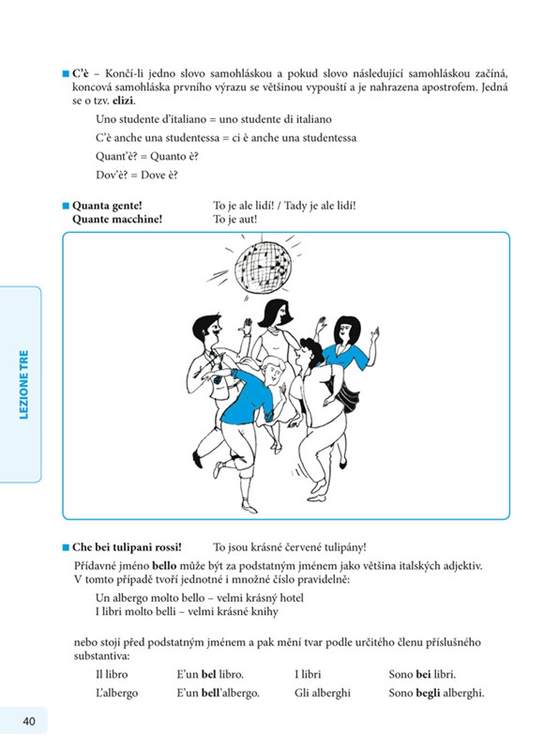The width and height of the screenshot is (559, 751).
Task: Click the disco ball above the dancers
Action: [263, 266]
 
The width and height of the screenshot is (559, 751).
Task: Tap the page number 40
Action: [29, 721]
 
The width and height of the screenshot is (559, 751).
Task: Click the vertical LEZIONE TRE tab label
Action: [23, 385]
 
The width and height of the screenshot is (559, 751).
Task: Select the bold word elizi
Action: [124, 100]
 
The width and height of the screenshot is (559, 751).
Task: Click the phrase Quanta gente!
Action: [107, 206]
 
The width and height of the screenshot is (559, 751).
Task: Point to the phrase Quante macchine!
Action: [117, 219]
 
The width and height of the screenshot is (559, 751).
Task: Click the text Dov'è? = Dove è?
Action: [137, 175]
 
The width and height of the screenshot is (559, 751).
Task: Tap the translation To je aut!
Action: [235, 219]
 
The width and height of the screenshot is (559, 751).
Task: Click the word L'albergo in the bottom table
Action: [117, 693]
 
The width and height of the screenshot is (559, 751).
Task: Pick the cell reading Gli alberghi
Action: [323, 693]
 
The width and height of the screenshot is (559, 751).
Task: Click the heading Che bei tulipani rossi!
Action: [127, 547]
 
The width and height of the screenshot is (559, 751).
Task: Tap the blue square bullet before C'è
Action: [66, 74]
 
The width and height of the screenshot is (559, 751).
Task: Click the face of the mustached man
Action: [214, 330]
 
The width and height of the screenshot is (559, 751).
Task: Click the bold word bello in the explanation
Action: [164, 566]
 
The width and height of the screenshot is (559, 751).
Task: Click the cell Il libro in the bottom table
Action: [112, 674]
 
